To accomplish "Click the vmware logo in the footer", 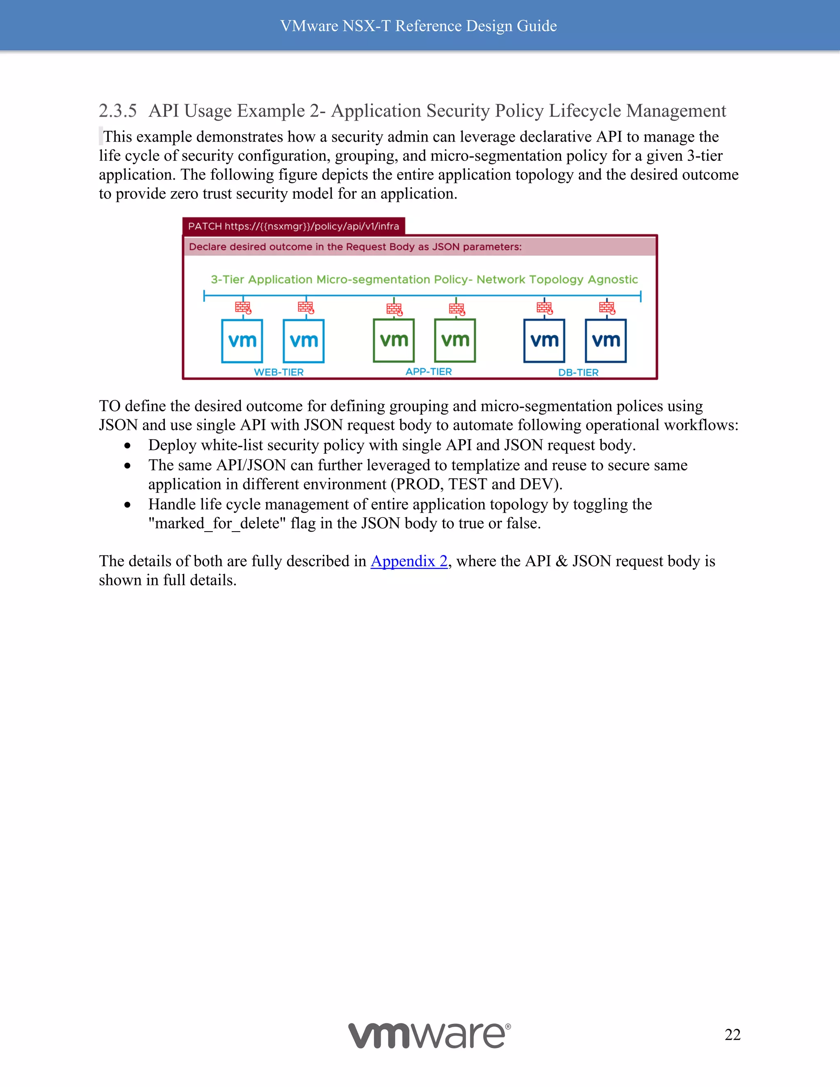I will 429,1035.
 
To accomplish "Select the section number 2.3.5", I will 117,110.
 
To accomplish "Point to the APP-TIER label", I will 429,371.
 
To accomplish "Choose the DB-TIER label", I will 578,372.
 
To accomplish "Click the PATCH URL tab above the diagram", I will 294,226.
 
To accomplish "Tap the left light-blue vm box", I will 242,341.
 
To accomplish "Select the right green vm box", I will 455,340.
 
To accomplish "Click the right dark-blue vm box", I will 606,341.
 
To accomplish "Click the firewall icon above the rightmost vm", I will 607,308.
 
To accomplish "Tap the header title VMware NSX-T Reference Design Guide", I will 418,26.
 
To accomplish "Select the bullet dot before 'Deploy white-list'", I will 128,445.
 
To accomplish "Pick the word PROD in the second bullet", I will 420,484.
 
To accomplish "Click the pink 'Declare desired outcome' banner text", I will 355,247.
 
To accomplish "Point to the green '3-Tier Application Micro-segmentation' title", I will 424,279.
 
